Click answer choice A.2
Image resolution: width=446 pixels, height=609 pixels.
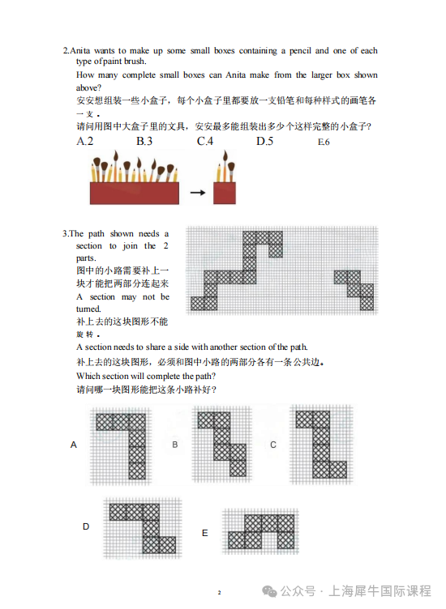point(84,142)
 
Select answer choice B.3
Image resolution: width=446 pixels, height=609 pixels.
point(144,142)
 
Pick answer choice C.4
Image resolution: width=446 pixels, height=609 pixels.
point(204,142)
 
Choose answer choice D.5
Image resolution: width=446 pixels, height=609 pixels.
point(264,142)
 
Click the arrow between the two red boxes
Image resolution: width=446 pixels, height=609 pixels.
point(196,194)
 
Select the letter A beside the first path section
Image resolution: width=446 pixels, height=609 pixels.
point(74,445)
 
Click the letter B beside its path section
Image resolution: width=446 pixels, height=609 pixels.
point(174,445)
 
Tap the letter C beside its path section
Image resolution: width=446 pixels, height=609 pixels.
point(273,445)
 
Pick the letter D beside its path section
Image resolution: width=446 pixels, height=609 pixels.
point(86,526)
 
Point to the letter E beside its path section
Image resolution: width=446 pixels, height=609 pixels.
point(205,533)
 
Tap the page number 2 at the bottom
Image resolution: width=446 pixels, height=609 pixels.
point(219,593)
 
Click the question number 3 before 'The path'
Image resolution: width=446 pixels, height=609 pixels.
point(65,234)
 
